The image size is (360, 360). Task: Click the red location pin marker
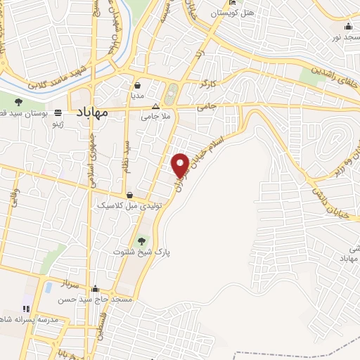point(181,165)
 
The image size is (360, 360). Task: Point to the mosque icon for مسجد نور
point(348,27)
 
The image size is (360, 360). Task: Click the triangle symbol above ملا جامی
point(156,107)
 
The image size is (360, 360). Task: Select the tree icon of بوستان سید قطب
point(18,103)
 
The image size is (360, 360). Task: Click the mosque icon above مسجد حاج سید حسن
point(94,288)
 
